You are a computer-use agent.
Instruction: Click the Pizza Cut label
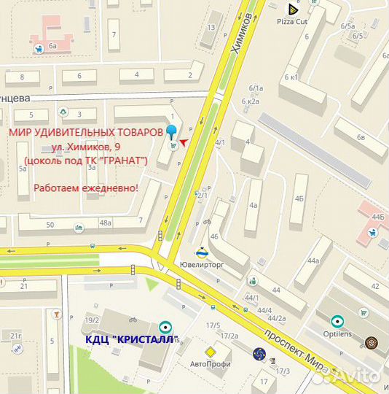pyautogui.click(x=293, y=22)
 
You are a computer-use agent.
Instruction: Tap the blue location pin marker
pyautogui.click(x=172, y=133)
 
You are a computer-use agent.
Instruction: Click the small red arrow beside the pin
pyautogui.click(x=184, y=141)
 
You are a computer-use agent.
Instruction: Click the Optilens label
pyautogui.click(x=337, y=333)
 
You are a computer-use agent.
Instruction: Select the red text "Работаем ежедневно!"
pyautogui.click(x=86, y=188)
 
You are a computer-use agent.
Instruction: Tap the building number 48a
pyautogui.click(x=106, y=223)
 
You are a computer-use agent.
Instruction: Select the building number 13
pyautogui.click(x=211, y=27)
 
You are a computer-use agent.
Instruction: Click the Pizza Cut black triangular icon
pyautogui.click(x=292, y=9)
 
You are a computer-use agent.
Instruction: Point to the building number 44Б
pyautogui.click(x=377, y=217)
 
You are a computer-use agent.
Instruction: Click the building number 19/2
pyautogui.click(x=92, y=320)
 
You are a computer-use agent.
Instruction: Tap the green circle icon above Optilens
pyautogui.click(x=337, y=320)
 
